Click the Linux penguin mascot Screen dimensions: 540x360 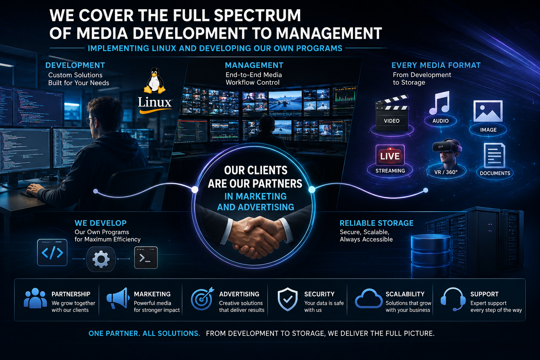155,81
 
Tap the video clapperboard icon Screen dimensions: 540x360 392,113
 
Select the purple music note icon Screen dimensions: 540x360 439,103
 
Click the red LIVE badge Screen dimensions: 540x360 390,155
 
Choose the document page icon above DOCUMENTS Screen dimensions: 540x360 494,155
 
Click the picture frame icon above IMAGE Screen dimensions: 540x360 488,111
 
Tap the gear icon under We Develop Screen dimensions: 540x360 101,259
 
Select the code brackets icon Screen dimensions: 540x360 52,252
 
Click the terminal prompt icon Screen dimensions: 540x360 146,258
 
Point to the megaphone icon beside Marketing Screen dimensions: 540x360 117,298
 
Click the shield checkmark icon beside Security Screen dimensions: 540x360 287,299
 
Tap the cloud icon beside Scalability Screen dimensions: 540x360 368,298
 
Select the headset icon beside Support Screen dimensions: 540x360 453,299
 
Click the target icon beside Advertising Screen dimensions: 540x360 202,298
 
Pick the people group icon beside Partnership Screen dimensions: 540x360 35,298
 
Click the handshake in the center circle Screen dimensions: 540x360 256,235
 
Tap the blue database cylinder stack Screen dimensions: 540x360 431,256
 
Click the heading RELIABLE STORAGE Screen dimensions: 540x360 376,223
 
